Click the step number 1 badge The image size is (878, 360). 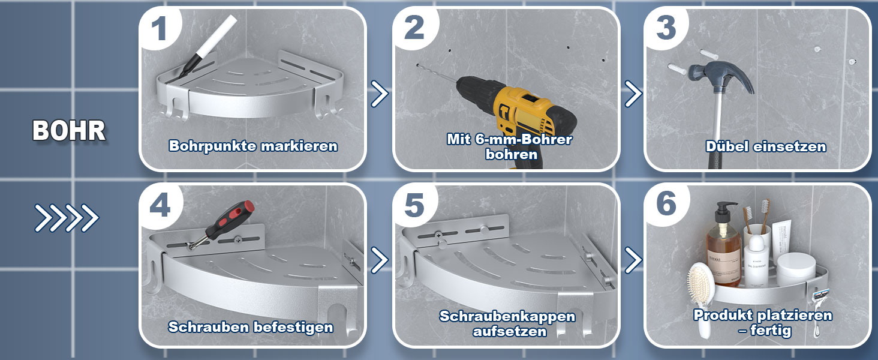(x=159, y=28)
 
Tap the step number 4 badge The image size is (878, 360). (x=160, y=205)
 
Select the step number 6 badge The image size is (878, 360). (x=666, y=205)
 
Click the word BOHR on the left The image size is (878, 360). (x=69, y=131)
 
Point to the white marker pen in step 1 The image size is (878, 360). (x=207, y=46)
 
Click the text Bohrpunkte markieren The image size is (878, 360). (x=253, y=146)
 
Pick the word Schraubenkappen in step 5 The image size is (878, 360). (x=507, y=316)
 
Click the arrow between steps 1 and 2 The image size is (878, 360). (x=380, y=94)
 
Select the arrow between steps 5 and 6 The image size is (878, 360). (x=633, y=260)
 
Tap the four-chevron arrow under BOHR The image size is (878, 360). (x=67, y=218)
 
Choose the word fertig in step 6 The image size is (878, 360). (x=771, y=331)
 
